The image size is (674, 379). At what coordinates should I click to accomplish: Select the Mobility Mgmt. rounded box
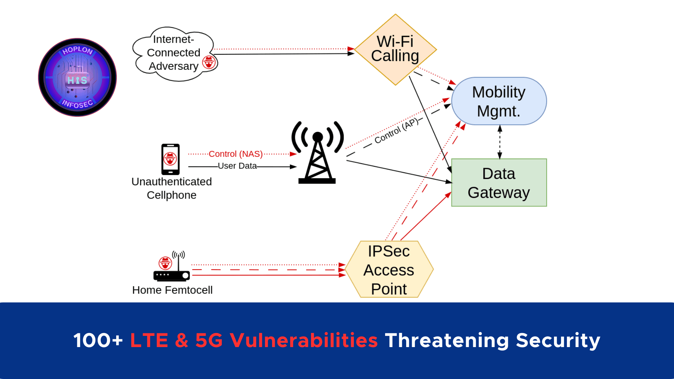click(x=499, y=101)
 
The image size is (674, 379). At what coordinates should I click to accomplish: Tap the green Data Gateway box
click(x=499, y=182)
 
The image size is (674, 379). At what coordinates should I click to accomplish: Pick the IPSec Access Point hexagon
click(x=389, y=270)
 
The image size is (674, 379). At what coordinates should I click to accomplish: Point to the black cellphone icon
click(x=170, y=159)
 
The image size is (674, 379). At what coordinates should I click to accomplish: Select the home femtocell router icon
click(x=171, y=275)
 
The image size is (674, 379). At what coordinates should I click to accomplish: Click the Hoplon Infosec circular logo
click(x=77, y=77)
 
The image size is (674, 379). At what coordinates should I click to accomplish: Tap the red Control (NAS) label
click(x=236, y=154)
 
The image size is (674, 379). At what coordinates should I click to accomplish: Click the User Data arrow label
click(x=237, y=166)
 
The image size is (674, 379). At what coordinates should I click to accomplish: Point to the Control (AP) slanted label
click(x=397, y=131)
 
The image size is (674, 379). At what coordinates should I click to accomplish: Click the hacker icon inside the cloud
click(x=209, y=62)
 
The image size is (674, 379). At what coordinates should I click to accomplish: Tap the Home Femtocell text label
click(x=172, y=290)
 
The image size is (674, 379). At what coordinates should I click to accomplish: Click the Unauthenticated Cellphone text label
click(x=171, y=188)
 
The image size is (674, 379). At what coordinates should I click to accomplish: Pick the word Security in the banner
click(x=558, y=340)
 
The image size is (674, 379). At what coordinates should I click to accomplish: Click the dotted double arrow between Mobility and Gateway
click(x=500, y=142)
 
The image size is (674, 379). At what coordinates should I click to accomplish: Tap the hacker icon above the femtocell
click(x=165, y=263)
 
